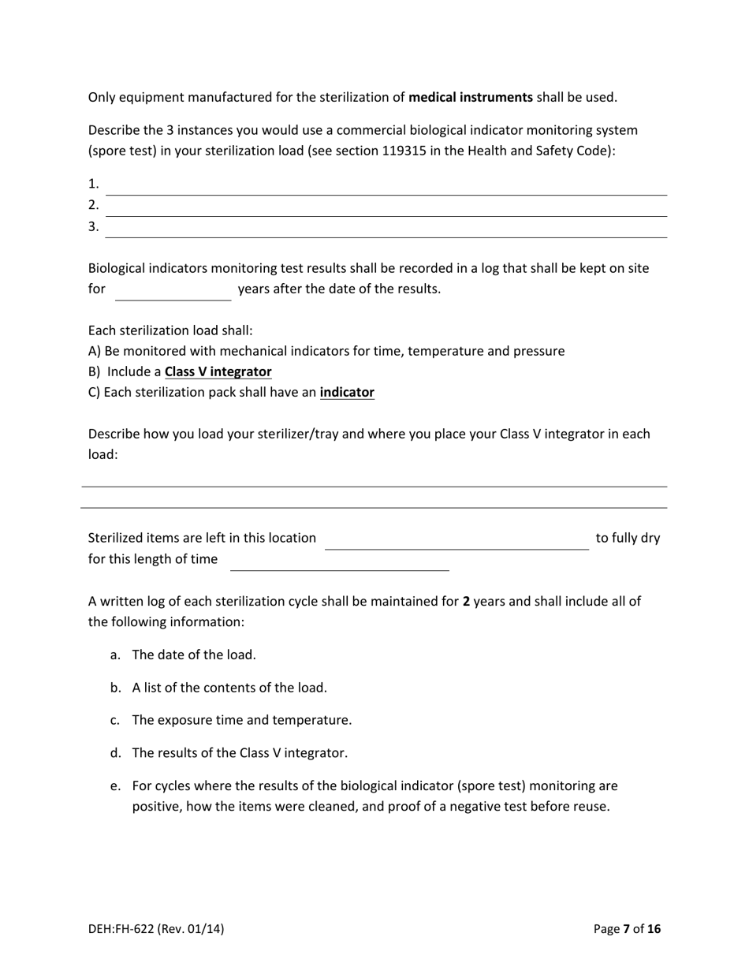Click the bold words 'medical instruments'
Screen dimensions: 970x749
[471, 98]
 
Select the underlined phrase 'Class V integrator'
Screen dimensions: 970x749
[218, 371]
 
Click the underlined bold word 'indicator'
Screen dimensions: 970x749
[347, 392]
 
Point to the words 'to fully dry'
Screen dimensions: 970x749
[628, 538]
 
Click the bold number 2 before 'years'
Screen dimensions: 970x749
[466, 601]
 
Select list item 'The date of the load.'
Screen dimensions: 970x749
[194, 655]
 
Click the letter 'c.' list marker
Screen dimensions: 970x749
[116, 720]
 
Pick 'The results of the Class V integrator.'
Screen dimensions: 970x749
[240, 753]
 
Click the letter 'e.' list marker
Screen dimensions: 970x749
[116, 786]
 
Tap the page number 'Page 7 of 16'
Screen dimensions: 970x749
[627, 929]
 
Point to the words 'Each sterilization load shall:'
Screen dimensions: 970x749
[170, 330]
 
